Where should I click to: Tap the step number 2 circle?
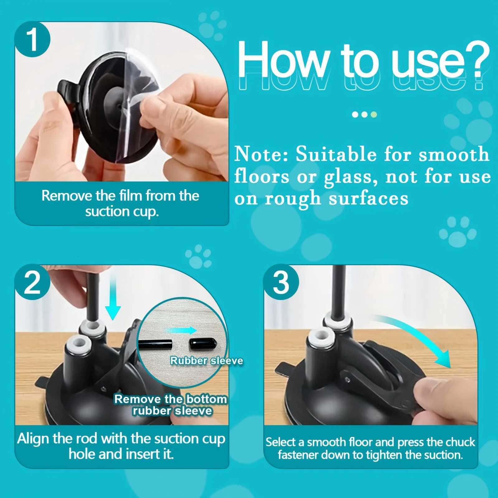[x=32, y=282]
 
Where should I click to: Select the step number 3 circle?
[x=281, y=282]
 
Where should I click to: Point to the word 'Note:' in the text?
[x=261, y=154]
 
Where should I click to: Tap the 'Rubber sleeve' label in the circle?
[x=206, y=360]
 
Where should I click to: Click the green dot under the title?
[x=374, y=114]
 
